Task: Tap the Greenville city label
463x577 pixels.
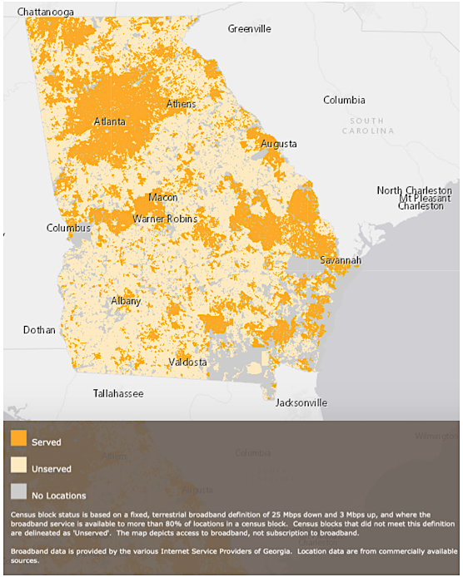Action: pos(250,28)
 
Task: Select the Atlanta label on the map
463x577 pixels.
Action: pos(110,121)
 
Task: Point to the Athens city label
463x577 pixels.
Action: pos(182,104)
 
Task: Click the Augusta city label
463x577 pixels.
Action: pos(278,144)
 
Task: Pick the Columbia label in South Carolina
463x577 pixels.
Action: pos(344,100)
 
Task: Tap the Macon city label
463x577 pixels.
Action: pos(162,198)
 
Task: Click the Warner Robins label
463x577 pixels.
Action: pos(165,219)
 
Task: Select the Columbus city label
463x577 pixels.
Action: pos(68,228)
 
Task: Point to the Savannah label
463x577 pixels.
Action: pos(341,261)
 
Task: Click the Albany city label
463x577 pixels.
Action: pos(126,301)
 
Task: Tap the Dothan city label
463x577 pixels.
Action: pos(39,330)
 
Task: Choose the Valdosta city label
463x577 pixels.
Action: pos(187,362)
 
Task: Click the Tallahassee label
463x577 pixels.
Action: pos(117,393)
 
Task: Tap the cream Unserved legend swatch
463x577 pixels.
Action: pos(18,467)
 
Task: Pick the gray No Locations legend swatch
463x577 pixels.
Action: pos(18,494)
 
